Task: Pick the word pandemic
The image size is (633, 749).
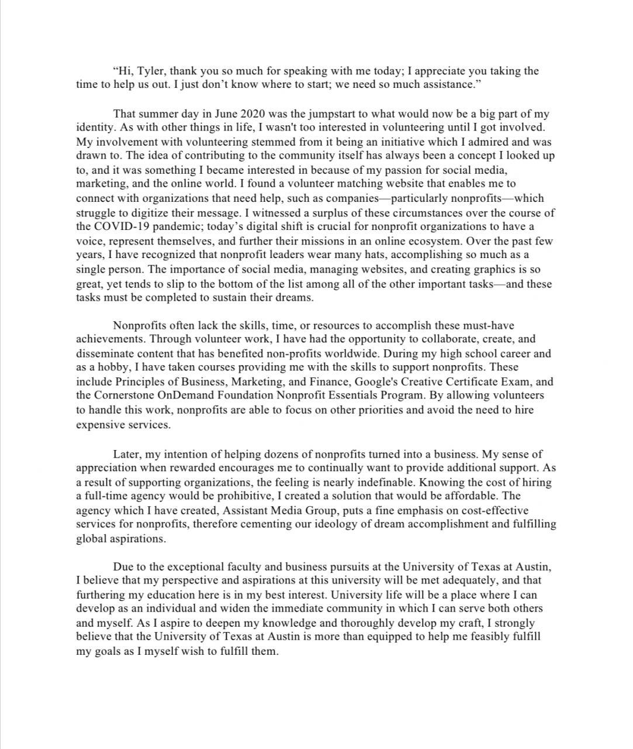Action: (x=173, y=227)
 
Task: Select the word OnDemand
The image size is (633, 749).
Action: (x=188, y=396)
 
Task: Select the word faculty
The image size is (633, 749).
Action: (x=242, y=567)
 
